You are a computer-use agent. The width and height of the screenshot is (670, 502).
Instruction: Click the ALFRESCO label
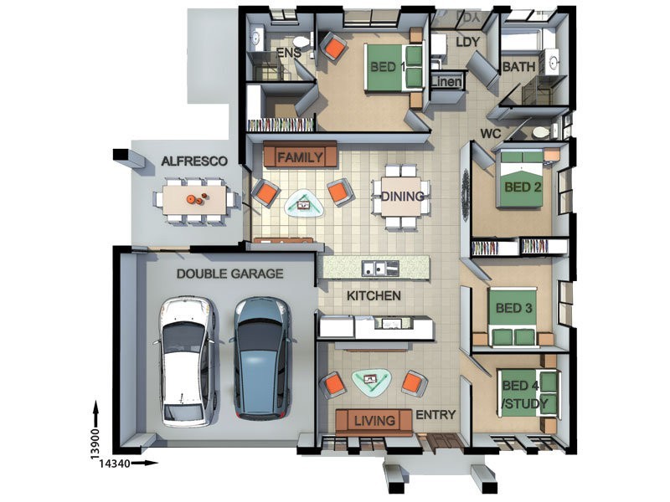coord(194,161)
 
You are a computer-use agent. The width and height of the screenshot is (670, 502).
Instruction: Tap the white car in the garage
coord(187,362)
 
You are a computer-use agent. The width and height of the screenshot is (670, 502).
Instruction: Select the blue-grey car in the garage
coord(262,358)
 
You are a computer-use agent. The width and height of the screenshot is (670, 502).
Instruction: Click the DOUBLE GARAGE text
coord(229,274)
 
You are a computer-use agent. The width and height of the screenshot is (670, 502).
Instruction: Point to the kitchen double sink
coord(380,268)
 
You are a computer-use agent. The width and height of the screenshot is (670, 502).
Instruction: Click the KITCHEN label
coord(374,295)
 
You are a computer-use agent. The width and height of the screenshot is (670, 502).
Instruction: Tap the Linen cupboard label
coord(447,81)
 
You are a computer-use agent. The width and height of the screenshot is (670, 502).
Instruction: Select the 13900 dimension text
coord(95,444)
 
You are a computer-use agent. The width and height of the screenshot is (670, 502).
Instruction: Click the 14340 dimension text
coord(115,464)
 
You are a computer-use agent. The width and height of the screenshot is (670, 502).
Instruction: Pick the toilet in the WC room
coord(540,132)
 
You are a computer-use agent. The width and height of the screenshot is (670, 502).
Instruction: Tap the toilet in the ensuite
coord(302,42)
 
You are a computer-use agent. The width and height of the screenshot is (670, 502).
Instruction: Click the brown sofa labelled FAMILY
coord(301,155)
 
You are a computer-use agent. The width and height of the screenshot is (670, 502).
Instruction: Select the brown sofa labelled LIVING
coord(374,421)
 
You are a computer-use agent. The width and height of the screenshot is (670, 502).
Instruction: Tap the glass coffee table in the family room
coord(304,205)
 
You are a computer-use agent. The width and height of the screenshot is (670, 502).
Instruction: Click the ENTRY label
coord(435,414)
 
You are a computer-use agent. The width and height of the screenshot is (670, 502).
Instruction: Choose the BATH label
coord(518,67)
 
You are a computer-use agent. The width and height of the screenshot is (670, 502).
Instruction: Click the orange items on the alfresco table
coord(197,198)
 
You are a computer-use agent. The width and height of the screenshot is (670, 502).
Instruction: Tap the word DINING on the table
coord(402,197)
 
